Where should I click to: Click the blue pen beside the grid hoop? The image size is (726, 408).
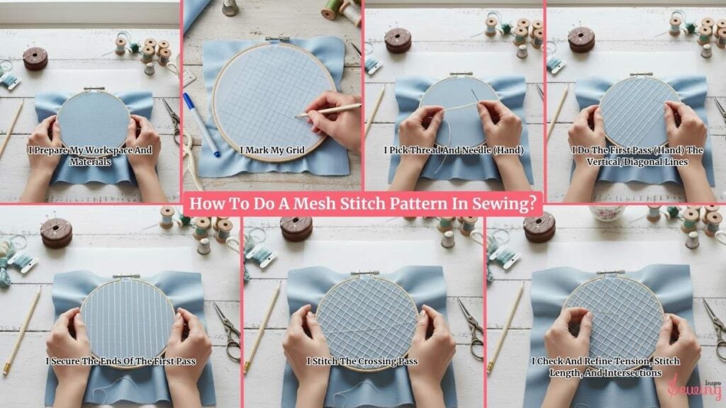[201, 124]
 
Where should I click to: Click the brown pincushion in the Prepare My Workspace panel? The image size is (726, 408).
[35, 58]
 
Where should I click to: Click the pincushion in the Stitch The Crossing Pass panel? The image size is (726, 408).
[296, 227]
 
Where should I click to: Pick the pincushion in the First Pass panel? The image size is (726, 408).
[581, 39]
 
